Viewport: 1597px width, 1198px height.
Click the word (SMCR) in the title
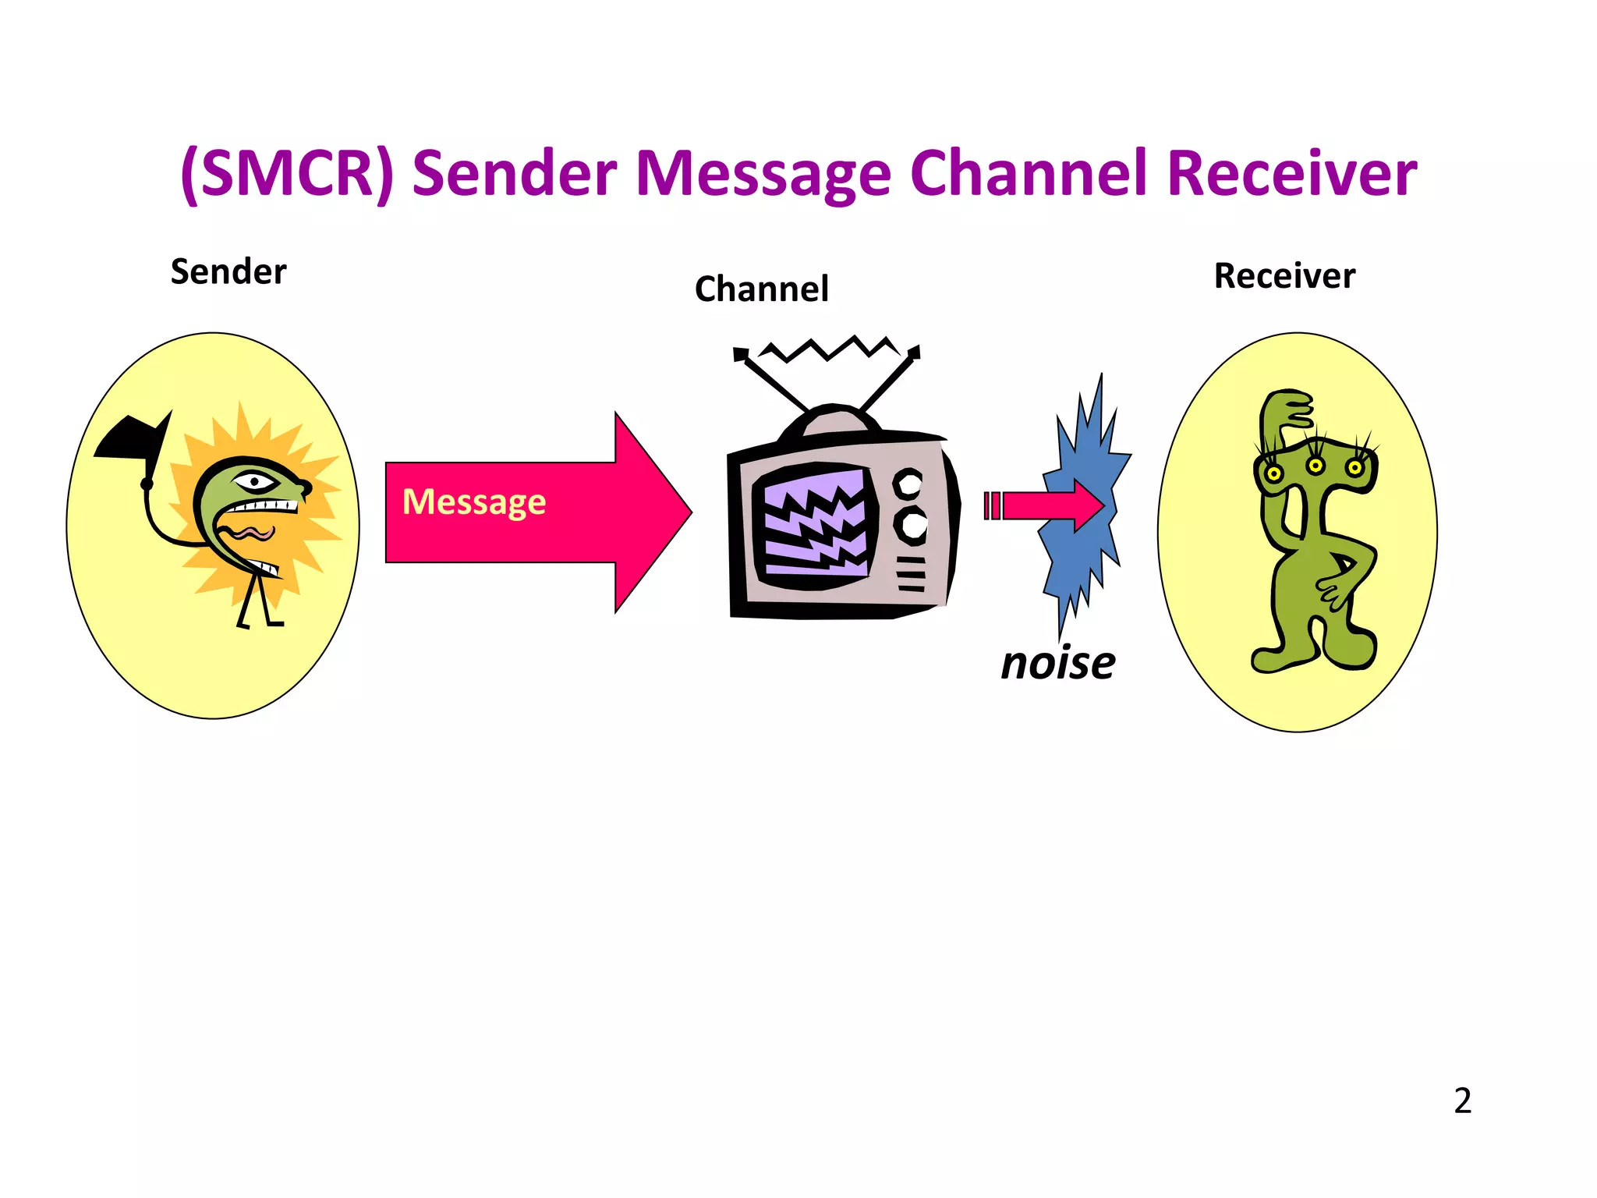pyautogui.click(x=287, y=173)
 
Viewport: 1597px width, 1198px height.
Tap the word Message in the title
pyautogui.click(x=763, y=173)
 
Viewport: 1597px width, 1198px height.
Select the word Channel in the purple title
pyautogui.click(x=1028, y=173)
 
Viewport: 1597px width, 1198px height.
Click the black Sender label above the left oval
pyautogui.click(x=228, y=272)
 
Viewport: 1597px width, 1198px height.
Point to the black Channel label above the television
pyautogui.click(x=761, y=289)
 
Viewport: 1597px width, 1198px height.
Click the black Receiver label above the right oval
pyautogui.click(x=1284, y=276)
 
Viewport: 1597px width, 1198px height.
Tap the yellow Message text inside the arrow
pyautogui.click(x=473, y=502)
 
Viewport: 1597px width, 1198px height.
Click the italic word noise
pyautogui.click(x=1057, y=663)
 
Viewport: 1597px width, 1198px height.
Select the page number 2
pyautogui.click(x=1462, y=1101)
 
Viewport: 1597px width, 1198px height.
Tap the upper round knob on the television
pyautogui.click(x=908, y=484)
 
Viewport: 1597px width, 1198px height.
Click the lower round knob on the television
pyautogui.click(x=911, y=524)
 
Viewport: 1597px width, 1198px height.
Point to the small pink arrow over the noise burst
pyautogui.click(x=1053, y=505)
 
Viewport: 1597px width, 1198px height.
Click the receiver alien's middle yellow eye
pyautogui.click(x=1315, y=466)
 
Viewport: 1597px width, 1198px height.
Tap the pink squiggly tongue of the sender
pyautogui.click(x=250, y=533)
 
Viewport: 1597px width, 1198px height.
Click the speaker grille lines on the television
pyautogui.click(x=910, y=575)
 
